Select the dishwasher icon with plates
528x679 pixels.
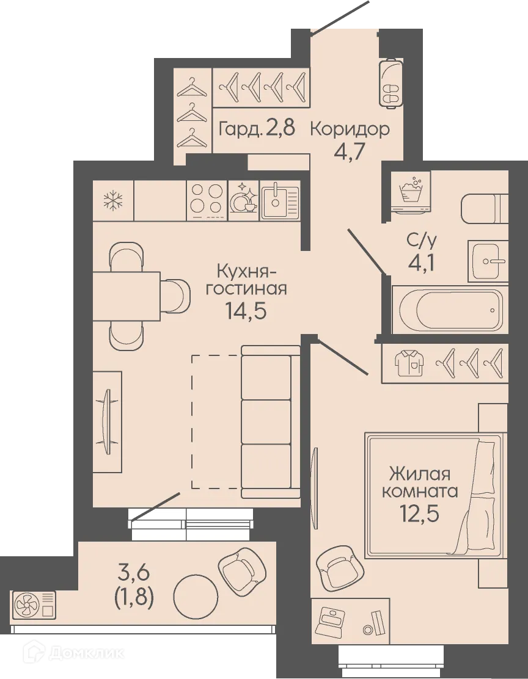[x=243, y=200]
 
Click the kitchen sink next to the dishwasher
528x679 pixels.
[x=280, y=200]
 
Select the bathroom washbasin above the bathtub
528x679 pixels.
[x=488, y=261]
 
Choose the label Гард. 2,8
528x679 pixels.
[x=257, y=129]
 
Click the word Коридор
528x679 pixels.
[x=350, y=129]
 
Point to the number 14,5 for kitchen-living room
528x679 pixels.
[x=246, y=311]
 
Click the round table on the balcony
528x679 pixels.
[x=195, y=595]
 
